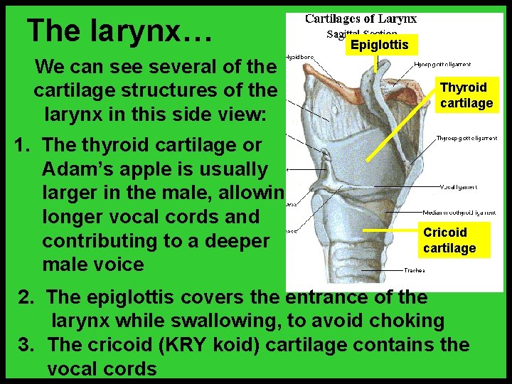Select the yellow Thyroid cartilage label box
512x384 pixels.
(466, 95)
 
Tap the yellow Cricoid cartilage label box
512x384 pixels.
(449, 240)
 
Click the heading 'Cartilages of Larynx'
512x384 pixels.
(361, 19)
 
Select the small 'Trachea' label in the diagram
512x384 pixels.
(415, 270)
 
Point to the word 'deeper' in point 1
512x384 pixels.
(234, 240)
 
